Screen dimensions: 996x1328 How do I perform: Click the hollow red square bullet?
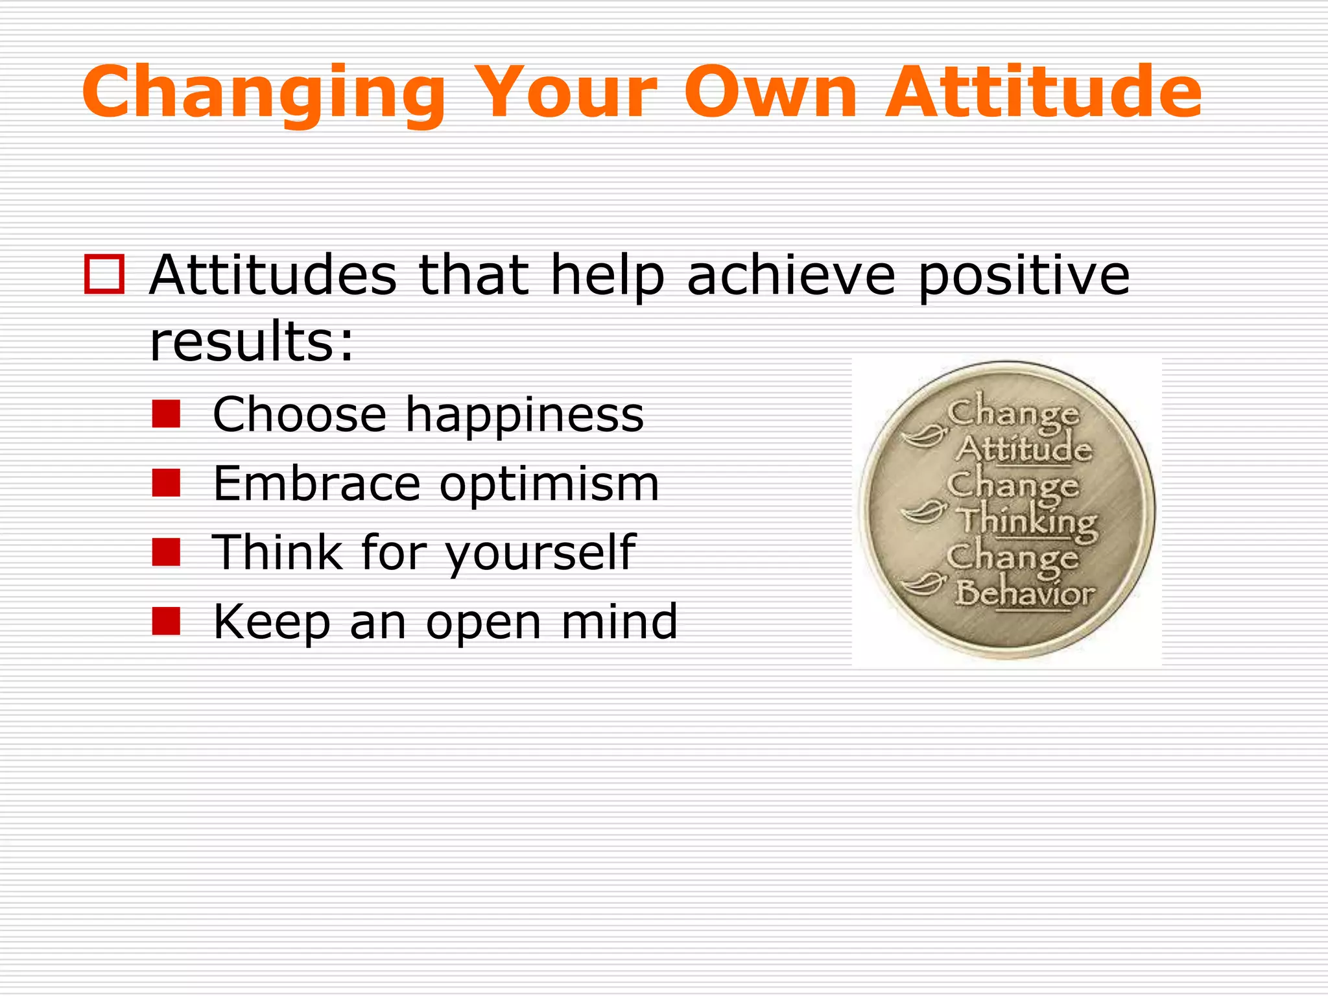pos(104,275)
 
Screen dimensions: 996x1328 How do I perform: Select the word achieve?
pos(791,275)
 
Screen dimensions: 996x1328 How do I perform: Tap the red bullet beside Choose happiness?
pos(166,414)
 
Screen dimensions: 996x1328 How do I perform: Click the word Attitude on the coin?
pos(1025,449)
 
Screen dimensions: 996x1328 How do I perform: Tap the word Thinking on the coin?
pos(1028,521)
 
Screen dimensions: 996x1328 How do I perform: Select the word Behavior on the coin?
pos(1025,593)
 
